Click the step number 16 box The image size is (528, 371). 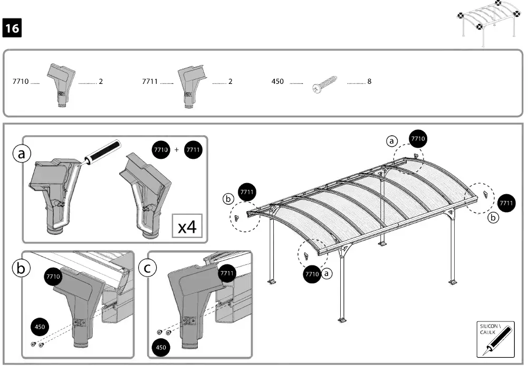pyautogui.click(x=12, y=28)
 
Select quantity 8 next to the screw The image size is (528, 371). pyautogui.click(x=369, y=82)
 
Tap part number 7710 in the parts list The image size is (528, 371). pyautogui.click(x=20, y=82)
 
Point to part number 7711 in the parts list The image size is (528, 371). pyautogui.click(x=150, y=82)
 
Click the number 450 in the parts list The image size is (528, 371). pyautogui.click(x=277, y=82)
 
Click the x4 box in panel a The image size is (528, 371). pyautogui.click(x=187, y=227)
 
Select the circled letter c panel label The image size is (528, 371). pyautogui.click(x=147, y=268)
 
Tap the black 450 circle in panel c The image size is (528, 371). pyautogui.click(x=161, y=347)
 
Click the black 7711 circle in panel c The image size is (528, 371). pyautogui.click(x=227, y=273)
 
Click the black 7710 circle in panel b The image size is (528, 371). pyautogui.click(x=53, y=276)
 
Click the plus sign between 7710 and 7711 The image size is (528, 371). pyautogui.click(x=177, y=150)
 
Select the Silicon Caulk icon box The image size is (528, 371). pyautogui.click(x=495, y=339)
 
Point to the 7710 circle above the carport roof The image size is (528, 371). pyautogui.click(x=417, y=139)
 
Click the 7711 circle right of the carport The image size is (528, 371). pyautogui.click(x=506, y=203)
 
